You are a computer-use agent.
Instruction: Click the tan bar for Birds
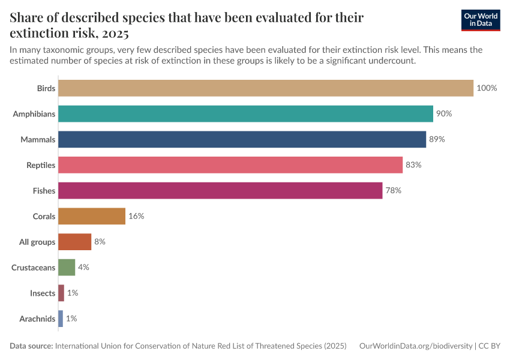click(266, 88)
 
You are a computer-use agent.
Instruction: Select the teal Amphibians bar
click(245, 114)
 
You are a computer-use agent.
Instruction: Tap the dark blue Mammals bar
click(242, 139)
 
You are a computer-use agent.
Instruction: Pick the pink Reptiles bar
click(230, 165)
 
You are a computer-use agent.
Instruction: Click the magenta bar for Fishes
click(220, 191)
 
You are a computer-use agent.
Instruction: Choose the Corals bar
click(92, 216)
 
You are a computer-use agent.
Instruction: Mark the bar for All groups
click(74, 242)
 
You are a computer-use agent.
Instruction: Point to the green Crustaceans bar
click(67, 268)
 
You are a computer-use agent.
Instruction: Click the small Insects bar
click(61, 293)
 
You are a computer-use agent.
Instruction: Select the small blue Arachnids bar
click(61, 319)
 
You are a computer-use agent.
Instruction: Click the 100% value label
click(487, 88)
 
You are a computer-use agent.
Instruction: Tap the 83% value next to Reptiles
click(413, 165)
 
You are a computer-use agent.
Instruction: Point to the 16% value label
click(136, 216)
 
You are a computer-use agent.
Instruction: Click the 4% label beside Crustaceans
click(83, 268)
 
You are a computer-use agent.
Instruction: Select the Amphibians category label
click(34, 114)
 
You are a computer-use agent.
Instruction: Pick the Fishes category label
click(44, 191)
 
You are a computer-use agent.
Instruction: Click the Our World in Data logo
click(480, 20)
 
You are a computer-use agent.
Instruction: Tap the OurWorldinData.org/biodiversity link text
click(415, 346)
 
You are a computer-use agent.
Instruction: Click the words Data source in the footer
click(31, 346)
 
